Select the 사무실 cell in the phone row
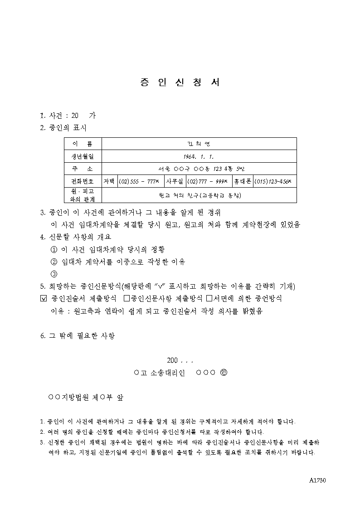[174, 181]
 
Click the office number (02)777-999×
[209, 181]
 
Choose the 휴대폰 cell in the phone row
[243, 181]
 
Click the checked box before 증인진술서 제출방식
[44, 299]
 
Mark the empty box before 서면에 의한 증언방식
[209, 299]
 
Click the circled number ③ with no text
[54, 274]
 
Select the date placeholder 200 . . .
[172, 361]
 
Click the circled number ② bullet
[54, 262]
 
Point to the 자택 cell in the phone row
[109, 181]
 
